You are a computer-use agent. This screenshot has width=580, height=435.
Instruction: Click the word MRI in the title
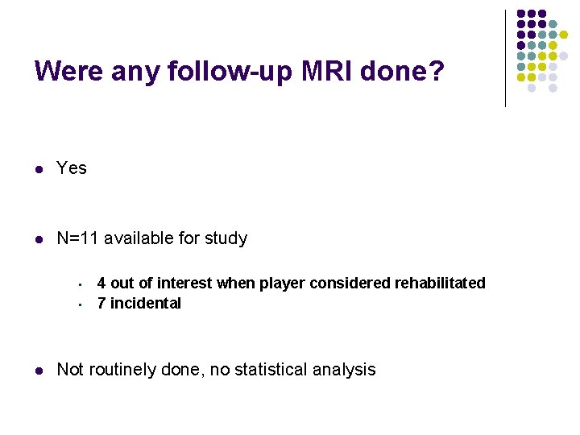point(325,72)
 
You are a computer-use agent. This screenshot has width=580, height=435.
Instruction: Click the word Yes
point(72,168)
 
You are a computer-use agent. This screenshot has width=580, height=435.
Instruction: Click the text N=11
point(77,238)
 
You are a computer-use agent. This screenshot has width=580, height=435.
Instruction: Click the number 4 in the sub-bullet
point(101,283)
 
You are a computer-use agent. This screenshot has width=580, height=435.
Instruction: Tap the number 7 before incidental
point(101,303)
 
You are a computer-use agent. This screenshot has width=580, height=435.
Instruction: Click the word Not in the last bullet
point(70,370)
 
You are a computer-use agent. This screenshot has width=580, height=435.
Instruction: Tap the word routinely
point(122,370)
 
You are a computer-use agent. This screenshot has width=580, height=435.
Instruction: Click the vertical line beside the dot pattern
point(505,58)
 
